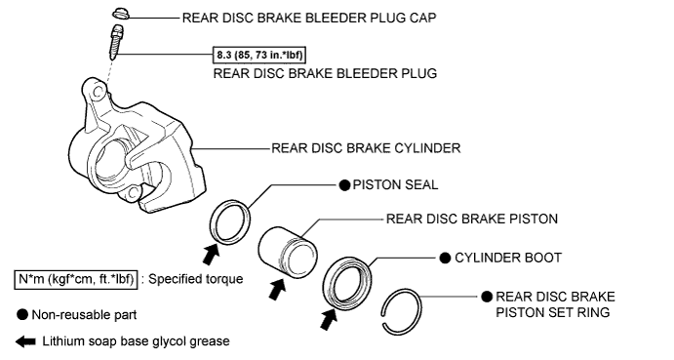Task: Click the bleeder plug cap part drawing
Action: point(120,15)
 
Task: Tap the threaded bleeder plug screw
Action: point(116,42)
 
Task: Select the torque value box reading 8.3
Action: point(259,55)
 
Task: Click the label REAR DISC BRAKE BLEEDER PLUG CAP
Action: point(309,19)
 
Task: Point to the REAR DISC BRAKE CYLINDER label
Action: point(366,148)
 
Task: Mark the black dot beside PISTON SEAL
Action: point(344,185)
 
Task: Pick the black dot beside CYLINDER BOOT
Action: point(446,259)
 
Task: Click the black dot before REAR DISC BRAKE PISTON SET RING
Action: point(487,297)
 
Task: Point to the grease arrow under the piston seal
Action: point(211,254)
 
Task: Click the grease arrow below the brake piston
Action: point(277,289)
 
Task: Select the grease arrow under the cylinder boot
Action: point(329,319)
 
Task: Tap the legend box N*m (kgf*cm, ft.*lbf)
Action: point(76,280)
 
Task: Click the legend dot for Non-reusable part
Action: point(22,315)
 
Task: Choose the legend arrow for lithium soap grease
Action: point(25,341)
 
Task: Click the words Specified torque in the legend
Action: point(196,280)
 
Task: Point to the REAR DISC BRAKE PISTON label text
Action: point(472,219)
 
